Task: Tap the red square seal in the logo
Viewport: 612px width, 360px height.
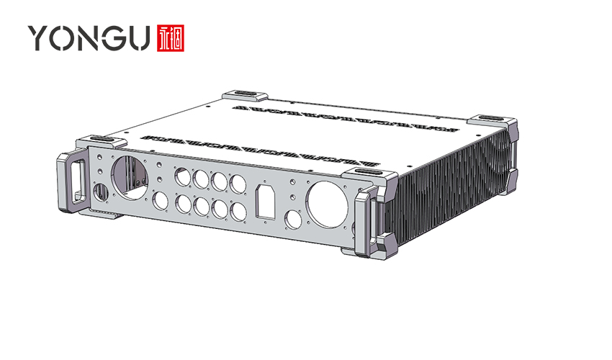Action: coord(170,37)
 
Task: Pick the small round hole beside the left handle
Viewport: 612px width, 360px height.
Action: coord(100,192)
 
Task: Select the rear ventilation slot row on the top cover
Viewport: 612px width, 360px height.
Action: coord(346,119)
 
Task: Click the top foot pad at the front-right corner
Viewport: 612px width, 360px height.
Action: coord(366,175)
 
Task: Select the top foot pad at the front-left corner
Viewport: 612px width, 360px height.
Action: coord(101,140)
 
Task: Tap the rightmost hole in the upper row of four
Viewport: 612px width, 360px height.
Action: coord(235,183)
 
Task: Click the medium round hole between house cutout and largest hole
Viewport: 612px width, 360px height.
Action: coord(293,218)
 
